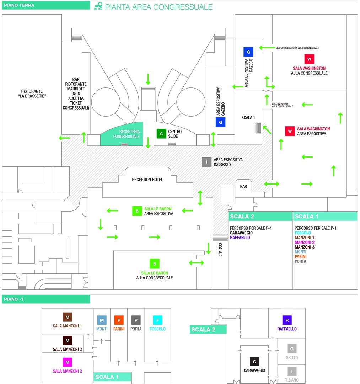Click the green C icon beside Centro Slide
point(161,134)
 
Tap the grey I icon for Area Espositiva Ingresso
point(206,162)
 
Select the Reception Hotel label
point(147,180)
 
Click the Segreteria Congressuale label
point(127,134)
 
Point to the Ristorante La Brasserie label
point(32,94)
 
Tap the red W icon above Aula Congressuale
point(309,59)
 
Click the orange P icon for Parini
point(119,320)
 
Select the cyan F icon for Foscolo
point(157,320)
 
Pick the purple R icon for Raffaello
point(287,320)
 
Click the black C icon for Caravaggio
point(254,362)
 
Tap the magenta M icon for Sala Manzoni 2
point(67,362)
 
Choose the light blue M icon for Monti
point(102,320)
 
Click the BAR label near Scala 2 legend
point(243,187)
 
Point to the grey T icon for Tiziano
point(292,371)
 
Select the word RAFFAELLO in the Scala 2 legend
point(240,238)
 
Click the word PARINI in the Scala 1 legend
point(301,256)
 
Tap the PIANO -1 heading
point(14,299)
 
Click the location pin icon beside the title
point(98,6)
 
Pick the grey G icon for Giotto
point(292,348)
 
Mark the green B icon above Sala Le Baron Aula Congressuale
point(155,264)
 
